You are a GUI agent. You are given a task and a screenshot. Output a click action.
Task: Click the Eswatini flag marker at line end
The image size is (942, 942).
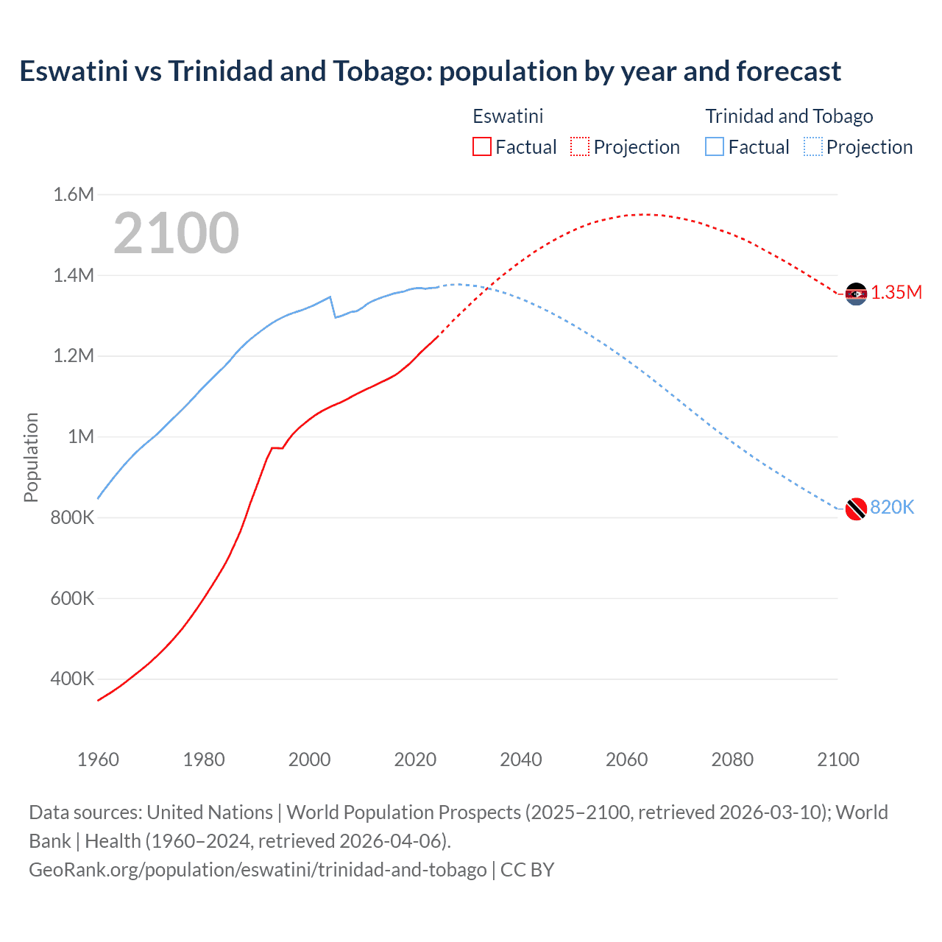(x=856, y=294)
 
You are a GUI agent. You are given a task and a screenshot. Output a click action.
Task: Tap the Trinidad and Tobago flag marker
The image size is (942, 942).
(x=856, y=509)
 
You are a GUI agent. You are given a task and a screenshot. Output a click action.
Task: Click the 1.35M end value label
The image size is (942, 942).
(x=896, y=293)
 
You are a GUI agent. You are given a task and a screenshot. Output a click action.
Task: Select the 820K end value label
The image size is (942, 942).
(x=892, y=508)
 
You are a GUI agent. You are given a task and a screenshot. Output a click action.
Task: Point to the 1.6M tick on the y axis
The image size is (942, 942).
(x=74, y=195)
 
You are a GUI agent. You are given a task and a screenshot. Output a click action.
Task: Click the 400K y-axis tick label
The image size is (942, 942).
(x=72, y=679)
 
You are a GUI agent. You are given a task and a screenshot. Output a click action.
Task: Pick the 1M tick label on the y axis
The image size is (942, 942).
(x=81, y=437)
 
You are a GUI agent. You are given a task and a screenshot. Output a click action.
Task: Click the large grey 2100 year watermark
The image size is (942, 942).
(x=176, y=233)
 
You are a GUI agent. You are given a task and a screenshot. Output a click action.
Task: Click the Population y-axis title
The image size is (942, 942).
(x=31, y=457)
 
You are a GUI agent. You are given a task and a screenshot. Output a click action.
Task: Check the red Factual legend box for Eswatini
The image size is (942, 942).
(x=482, y=146)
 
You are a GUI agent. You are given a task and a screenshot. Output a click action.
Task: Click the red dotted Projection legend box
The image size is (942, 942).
(x=580, y=146)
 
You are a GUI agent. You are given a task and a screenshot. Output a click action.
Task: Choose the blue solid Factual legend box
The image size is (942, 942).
(x=715, y=146)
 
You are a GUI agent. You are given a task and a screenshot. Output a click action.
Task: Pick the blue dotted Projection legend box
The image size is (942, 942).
(x=812, y=146)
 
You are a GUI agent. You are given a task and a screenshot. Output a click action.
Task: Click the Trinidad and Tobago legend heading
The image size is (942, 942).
(x=789, y=116)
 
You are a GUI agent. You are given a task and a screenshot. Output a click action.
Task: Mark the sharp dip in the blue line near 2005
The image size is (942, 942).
(x=336, y=316)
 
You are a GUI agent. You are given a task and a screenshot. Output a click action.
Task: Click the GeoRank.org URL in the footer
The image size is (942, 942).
(x=258, y=870)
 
